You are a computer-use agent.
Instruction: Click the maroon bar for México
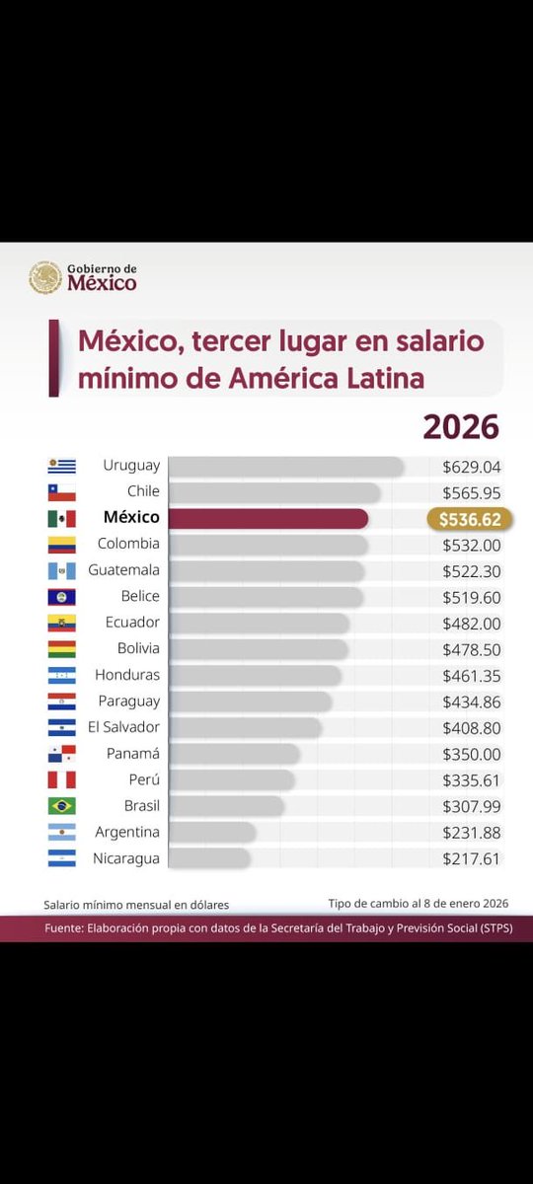tap(267, 518)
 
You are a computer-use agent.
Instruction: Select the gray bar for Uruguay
tap(285, 466)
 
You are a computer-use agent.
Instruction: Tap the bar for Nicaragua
tap(208, 858)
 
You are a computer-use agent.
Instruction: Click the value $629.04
tap(472, 466)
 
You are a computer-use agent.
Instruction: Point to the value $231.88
tap(472, 833)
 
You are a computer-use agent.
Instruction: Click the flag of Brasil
tap(61, 806)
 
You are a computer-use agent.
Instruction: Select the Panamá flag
tap(61, 754)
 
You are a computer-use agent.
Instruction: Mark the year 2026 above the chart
tap(461, 426)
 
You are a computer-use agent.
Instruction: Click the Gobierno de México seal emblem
tap(44, 277)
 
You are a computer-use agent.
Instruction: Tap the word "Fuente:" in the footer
tap(67, 929)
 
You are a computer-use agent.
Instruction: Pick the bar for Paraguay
tap(249, 702)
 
